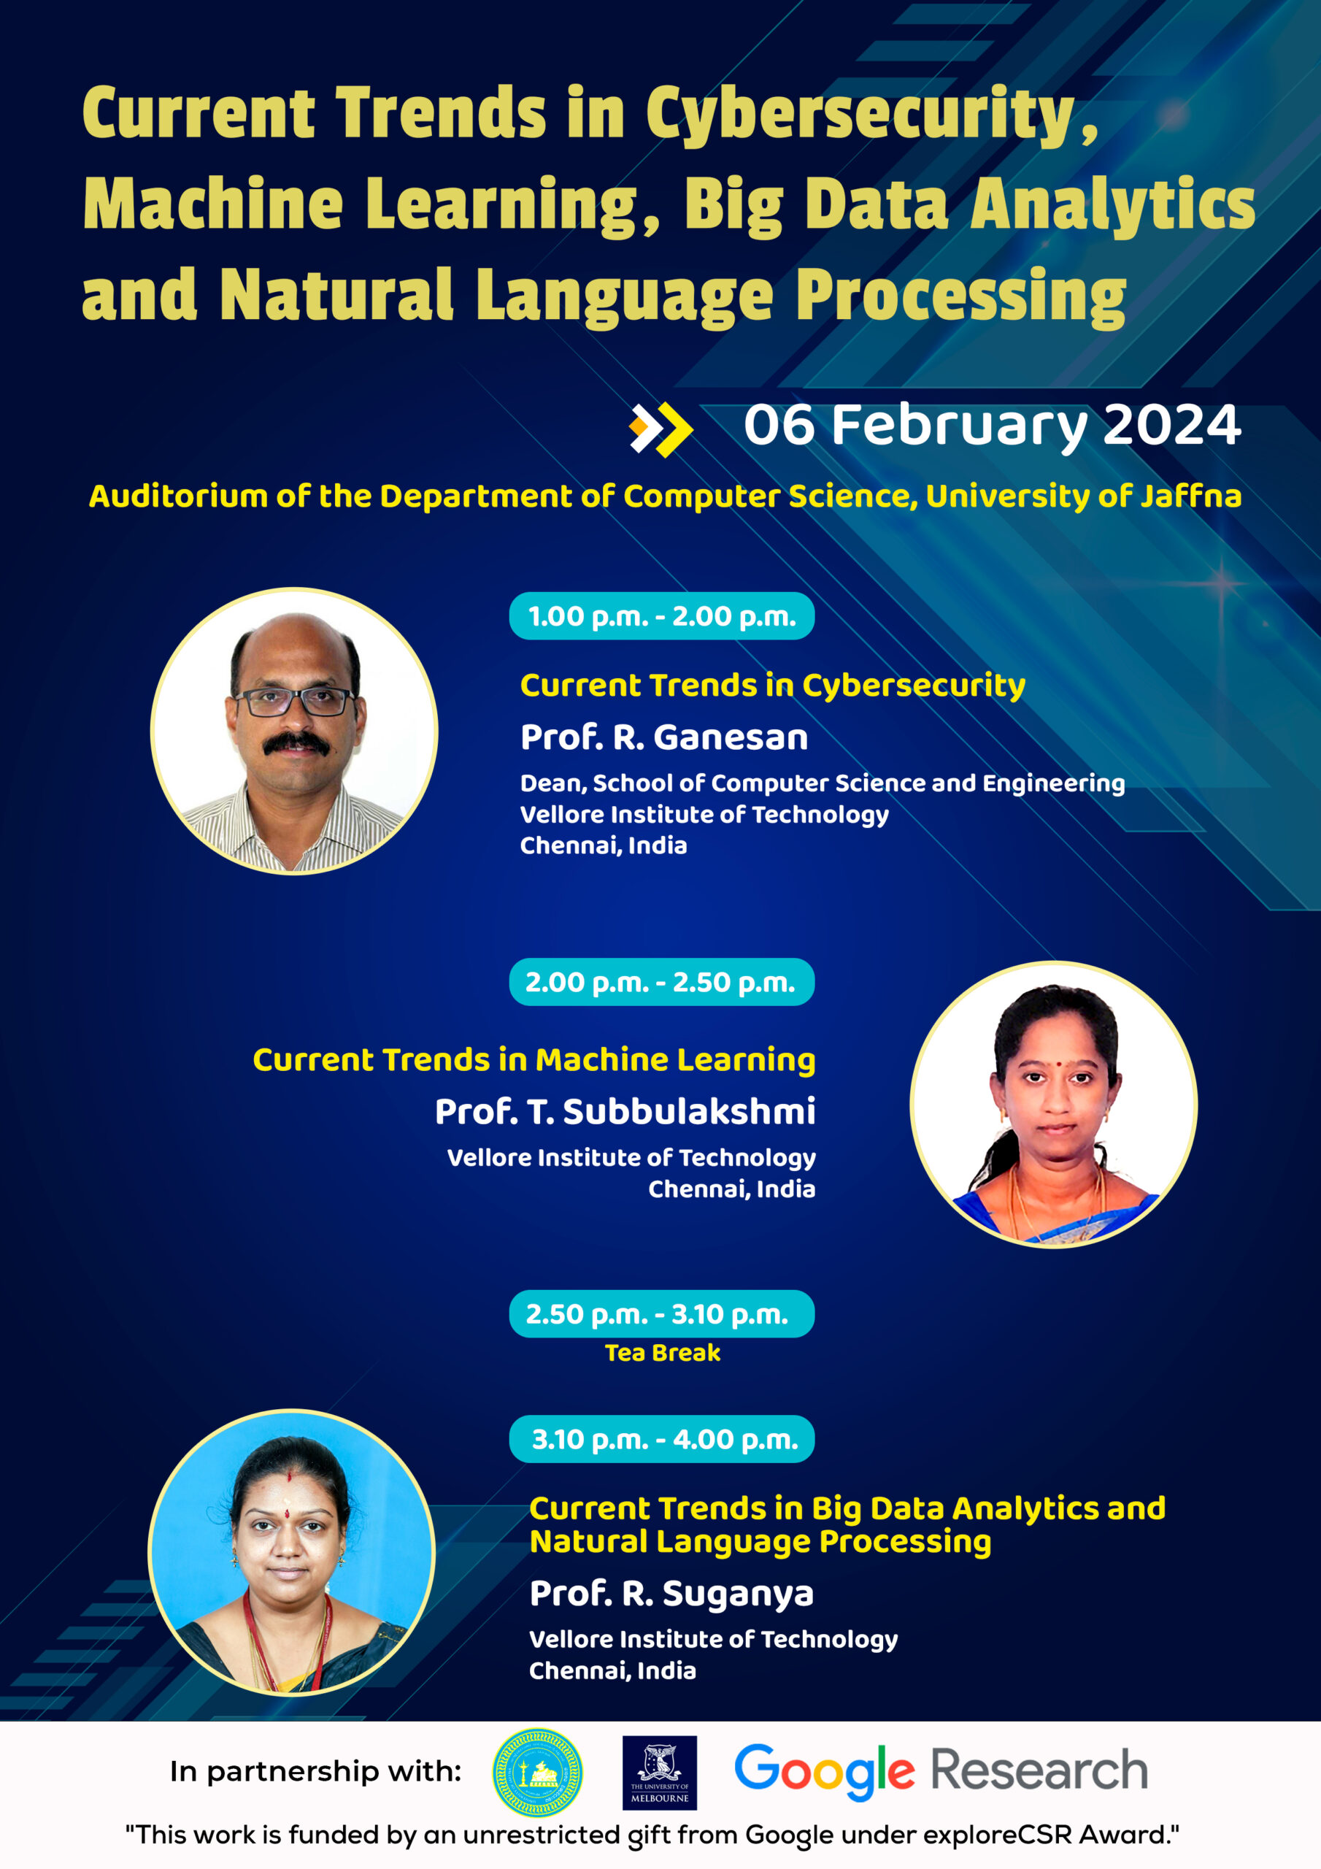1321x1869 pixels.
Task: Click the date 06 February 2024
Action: pos(992,426)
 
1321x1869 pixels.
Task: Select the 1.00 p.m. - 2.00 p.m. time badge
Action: pos(662,616)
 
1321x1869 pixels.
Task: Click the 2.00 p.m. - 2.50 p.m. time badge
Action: pos(662,982)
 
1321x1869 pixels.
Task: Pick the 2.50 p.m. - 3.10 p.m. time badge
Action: pos(662,1314)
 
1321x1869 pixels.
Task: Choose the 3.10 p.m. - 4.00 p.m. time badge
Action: pos(662,1439)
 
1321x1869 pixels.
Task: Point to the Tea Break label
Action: pos(663,1353)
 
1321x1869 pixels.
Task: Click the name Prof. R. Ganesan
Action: pos(664,737)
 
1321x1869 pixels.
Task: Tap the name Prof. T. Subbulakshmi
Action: pos(625,1111)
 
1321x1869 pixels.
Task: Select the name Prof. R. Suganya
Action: pos(671,1594)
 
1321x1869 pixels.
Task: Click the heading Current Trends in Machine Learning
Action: pos(534,1061)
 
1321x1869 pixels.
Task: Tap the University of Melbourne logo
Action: pos(659,1773)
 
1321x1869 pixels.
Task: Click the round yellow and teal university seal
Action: pos(537,1773)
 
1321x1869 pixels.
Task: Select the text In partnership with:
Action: pos(316,1771)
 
